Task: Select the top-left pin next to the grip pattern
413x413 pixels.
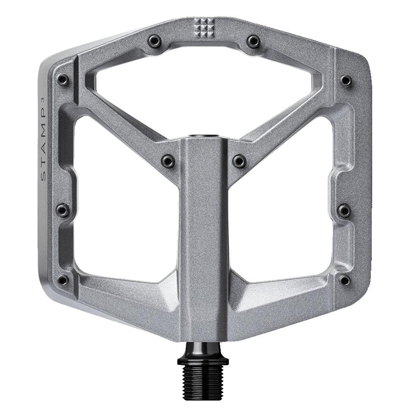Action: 154,42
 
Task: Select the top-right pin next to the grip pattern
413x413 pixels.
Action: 253,42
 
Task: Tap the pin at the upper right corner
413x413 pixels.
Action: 346,81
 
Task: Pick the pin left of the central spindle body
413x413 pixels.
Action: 168,161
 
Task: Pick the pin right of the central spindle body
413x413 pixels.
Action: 239,161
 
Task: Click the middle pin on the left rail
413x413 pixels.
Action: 62,210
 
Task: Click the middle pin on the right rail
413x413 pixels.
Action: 344,210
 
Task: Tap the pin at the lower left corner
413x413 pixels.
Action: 63,279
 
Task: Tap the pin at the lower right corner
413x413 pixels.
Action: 345,279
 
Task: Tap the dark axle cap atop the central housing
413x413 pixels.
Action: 204,136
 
